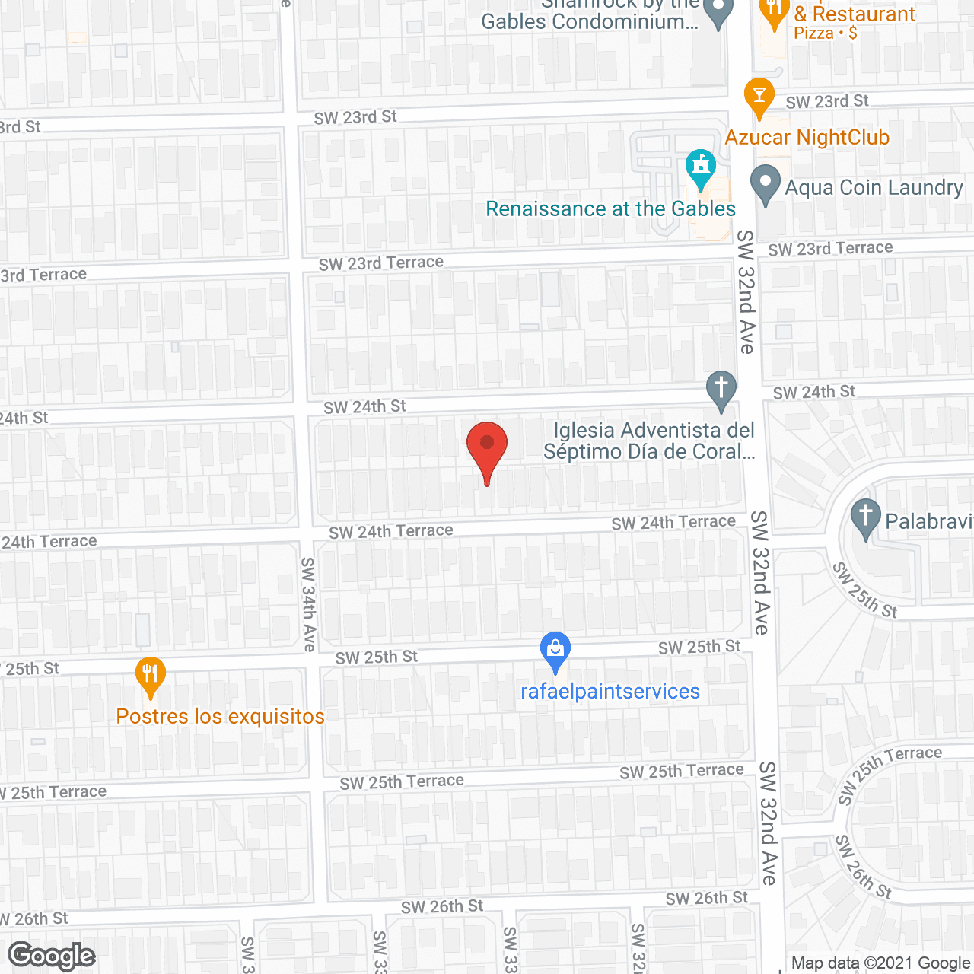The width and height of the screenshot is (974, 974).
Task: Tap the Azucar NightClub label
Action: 807,138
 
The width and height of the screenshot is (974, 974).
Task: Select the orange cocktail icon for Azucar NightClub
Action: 759,96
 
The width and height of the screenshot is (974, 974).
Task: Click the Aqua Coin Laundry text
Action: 874,187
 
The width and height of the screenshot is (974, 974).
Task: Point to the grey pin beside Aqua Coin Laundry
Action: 766,184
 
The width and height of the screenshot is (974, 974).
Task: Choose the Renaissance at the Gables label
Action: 610,208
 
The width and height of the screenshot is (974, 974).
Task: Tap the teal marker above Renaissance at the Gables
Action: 701,167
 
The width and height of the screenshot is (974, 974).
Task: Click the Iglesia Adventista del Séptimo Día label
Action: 649,441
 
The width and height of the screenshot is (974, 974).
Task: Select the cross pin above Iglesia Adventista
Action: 721,390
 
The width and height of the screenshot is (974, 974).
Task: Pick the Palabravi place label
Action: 928,521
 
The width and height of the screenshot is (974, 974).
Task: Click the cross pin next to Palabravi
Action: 865,517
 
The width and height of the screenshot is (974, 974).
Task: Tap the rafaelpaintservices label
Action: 610,691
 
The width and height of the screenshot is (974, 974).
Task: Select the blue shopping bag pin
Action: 555,651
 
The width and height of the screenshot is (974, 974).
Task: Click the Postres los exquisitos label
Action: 220,716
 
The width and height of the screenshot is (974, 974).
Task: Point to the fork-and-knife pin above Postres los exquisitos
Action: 151,676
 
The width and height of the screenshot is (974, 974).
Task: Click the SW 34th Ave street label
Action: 308,604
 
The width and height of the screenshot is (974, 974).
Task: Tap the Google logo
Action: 52,956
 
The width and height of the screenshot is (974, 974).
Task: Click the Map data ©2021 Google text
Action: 880,963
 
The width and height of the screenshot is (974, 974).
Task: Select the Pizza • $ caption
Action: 825,33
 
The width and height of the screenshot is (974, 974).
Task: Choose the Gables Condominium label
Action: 590,21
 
